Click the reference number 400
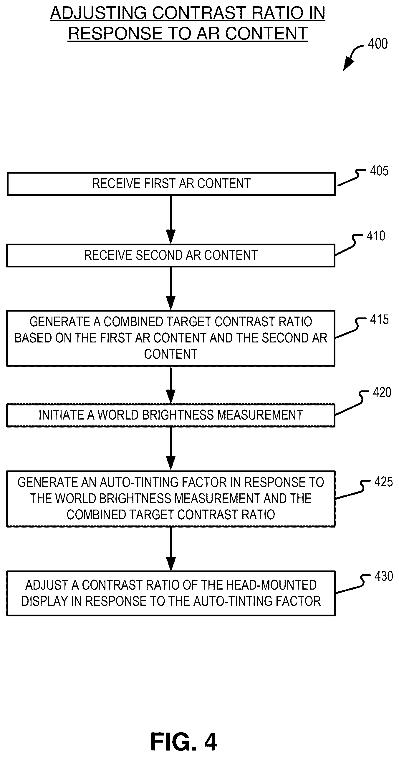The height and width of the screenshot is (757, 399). pyautogui.click(x=378, y=44)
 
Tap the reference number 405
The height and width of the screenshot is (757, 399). pyautogui.click(x=379, y=171)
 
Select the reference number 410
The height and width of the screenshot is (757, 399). pyautogui.click(x=376, y=236)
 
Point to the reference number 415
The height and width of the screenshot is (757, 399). pyautogui.click(x=379, y=320)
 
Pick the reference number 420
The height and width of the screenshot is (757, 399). pyautogui.click(x=382, y=392)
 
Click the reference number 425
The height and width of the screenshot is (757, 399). pyautogui.click(x=383, y=482)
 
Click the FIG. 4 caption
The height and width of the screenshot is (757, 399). pyautogui.click(x=184, y=742)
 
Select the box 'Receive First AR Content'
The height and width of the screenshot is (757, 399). pyautogui.click(x=171, y=184)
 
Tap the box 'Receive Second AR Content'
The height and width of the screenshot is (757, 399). pyautogui.click(x=171, y=255)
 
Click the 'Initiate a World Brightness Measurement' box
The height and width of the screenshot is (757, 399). pyautogui.click(x=171, y=415)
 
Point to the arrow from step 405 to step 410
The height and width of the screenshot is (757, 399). pyautogui.click(x=171, y=219)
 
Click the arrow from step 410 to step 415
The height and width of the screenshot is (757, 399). pyautogui.click(x=171, y=289)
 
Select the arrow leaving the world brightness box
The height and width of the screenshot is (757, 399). pyautogui.click(x=171, y=449)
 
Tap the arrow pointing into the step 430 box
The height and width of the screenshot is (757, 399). pyautogui.click(x=171, y=549)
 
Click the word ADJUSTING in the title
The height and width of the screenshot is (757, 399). pyautogui.click(x=98, y=13)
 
